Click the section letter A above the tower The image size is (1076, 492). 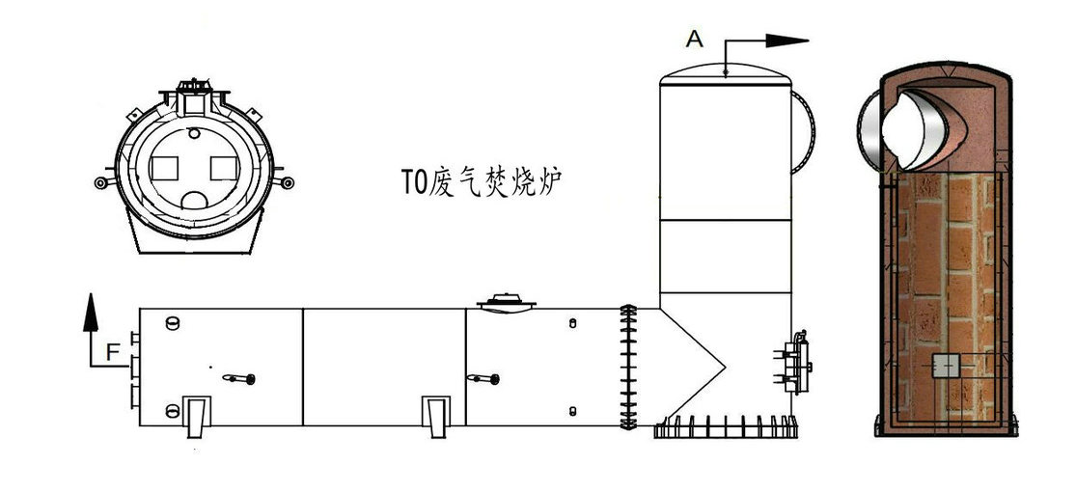click(x=695, y=38)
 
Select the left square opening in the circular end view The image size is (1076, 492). click(x=164, y=169)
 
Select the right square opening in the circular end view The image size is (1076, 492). click(x=224, y=169)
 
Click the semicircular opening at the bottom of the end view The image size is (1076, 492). click(x=195, y=201)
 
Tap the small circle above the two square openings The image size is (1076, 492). click(x=195, y=134)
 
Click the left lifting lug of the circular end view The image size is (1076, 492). click(x=101, y=182)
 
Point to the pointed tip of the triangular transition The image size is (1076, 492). click(x=724, y=365)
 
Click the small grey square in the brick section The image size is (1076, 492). click(x=946, y=366)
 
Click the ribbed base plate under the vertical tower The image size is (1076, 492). click(x=726, y=426)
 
